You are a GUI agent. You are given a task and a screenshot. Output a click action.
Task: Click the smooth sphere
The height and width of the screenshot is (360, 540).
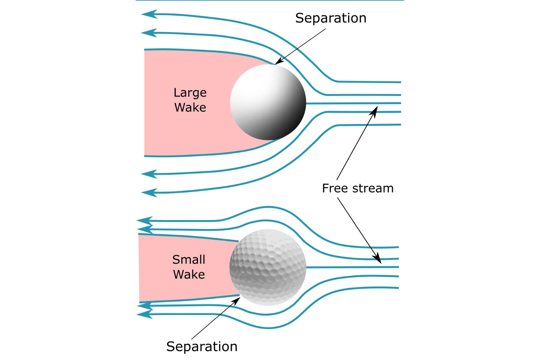[x=268, y=102]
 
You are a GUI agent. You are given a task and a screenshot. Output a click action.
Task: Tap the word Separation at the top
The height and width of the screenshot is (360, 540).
[x=330, y=18]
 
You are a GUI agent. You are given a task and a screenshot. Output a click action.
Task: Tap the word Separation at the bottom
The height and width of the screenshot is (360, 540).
[x=202, y=347]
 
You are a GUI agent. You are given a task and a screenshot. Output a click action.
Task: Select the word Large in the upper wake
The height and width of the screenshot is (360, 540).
[x=190, y=93]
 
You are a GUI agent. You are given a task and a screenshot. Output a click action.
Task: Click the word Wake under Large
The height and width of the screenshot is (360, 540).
[x=190, y=108]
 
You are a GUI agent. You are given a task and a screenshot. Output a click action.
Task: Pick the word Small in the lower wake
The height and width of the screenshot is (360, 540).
[x=189, y=260]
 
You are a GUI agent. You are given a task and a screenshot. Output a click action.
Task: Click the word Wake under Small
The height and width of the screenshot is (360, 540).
[x=189, y=275]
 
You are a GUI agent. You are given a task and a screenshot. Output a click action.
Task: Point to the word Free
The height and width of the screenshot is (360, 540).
[x=335, y=188]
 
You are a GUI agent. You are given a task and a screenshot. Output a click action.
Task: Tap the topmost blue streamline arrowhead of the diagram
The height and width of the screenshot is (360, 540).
[x=148, y=14]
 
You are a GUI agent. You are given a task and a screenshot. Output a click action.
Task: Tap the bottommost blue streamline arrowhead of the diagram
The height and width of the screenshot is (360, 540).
[x=144, y=314]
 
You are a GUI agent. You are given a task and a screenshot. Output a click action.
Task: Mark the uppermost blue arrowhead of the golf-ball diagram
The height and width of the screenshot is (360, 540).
[x=144, y=221]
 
